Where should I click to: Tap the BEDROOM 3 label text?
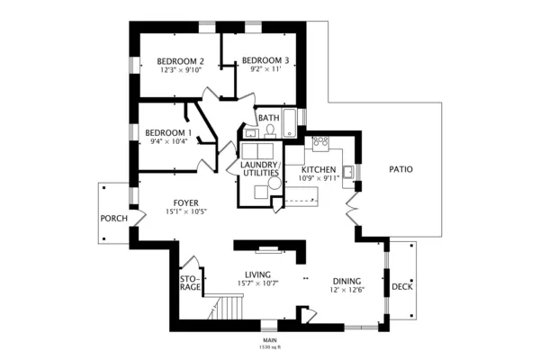[265, 61]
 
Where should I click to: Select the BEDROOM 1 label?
[167, 131]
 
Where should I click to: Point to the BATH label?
[268, 118]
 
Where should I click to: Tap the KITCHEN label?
[319, 169]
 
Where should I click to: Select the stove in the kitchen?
[320, 142]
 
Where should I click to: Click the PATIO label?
[400, 168]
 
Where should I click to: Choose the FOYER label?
[186, 203]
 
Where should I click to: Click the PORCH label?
[113, 218]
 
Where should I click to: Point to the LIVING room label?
[258, 275]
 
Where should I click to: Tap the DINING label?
[346, 280]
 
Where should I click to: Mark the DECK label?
[402, 287]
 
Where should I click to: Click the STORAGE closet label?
[189, 283]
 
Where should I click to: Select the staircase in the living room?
[229, 309]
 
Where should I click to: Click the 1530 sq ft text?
[270, 346]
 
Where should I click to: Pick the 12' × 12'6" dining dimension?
[346, 289]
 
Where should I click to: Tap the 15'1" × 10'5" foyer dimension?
[186, 212]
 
